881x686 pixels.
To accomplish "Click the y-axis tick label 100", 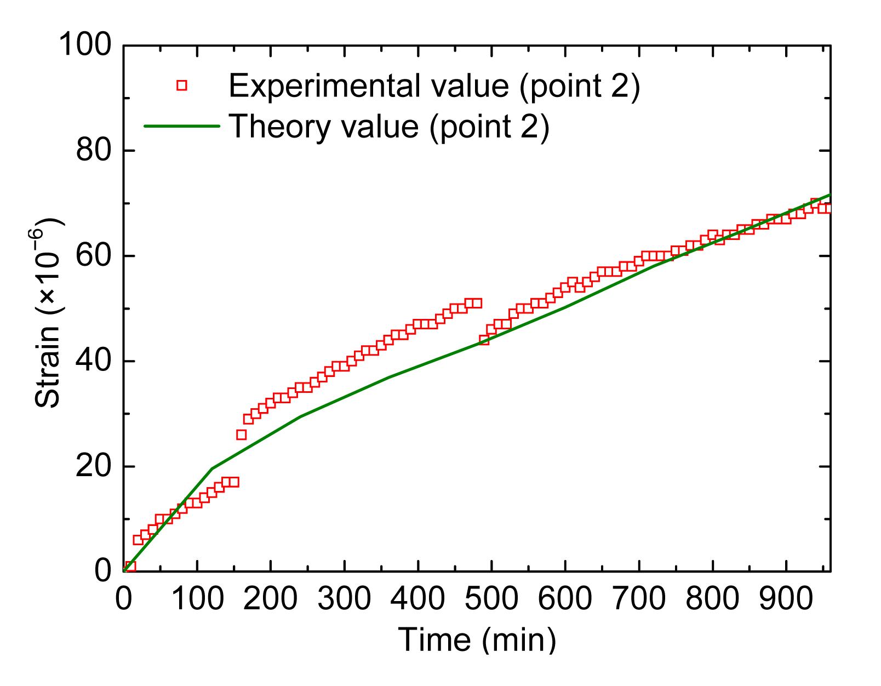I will click(x=84, y=44).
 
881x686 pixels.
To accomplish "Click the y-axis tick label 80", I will click(x=94, y=150).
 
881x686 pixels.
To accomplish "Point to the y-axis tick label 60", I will click(x=94, y=256).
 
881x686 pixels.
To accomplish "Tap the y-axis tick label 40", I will click(x=94, y=361).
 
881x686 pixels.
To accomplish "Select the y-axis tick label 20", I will click(x=94, y=466).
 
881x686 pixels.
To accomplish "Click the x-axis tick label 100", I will click(x=197, y=598).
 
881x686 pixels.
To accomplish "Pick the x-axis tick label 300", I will click(x=344, y=598).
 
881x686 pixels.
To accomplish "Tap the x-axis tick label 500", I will click(x=491, y=598).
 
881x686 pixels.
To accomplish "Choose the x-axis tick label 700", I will click(x=639, y=598).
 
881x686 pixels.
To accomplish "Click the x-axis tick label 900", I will click(x=786, y=598).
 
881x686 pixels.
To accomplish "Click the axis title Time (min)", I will click(x=477, y=639).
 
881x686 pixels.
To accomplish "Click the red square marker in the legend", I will click(x=182, y=85).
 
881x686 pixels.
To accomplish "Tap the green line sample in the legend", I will click(x=182, y=126).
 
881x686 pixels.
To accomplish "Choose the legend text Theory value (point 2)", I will click(x=388, y=126).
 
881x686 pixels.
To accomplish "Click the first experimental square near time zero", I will click(x=130, y=566).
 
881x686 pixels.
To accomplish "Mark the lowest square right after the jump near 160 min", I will click(x=241, y=435).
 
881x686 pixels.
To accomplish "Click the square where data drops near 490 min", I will click(x=484, y=340).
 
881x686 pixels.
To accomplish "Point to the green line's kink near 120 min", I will click(x=212, y=468).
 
